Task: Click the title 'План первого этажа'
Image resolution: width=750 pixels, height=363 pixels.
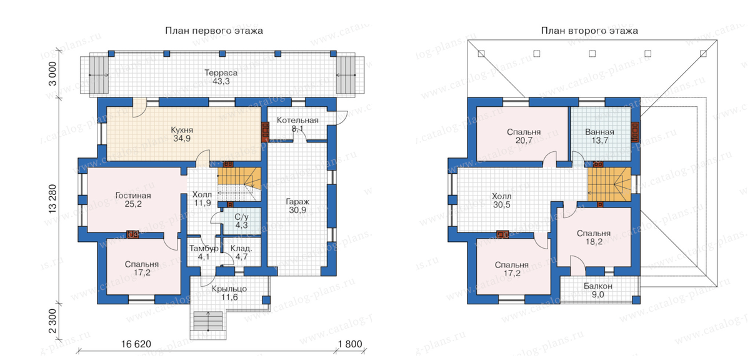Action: (214, 31)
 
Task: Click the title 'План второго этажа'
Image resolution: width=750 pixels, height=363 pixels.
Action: (589, 31)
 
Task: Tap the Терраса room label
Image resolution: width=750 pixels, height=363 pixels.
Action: (221, 72)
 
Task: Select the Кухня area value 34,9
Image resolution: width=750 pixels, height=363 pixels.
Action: (182, 139)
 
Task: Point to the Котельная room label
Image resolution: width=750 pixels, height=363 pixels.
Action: (297, 120)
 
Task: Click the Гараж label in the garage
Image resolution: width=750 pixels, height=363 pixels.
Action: (297, 202)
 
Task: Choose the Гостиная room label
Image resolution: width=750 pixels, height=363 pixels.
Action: (133, 196)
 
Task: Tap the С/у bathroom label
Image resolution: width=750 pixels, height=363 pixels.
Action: (241, 217)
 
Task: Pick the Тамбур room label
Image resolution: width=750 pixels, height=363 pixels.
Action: (204, 249)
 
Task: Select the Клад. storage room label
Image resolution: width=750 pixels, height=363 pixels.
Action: (241, 249)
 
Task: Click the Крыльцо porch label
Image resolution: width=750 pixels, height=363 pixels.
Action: (229, 289)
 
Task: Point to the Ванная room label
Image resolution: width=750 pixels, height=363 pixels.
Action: (599, 132)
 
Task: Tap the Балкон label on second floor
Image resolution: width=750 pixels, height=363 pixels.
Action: (598, 286)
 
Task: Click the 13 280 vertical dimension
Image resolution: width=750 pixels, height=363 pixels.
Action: (52, 199)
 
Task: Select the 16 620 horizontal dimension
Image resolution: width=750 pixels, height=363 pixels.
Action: (136, 344)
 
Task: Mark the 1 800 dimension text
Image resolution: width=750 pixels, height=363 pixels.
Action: (350, 344)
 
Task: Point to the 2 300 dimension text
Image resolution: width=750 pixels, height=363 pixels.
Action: (52, 321)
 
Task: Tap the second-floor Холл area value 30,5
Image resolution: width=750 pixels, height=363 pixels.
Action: (501, 205)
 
